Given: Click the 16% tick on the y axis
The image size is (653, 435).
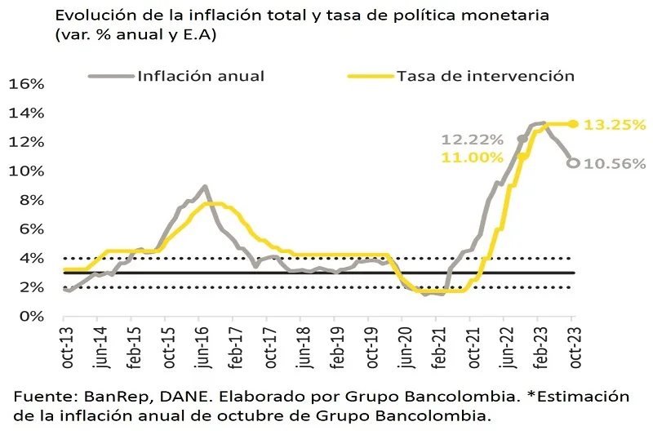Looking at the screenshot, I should (25, 84).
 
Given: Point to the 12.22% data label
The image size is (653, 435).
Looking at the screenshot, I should (468, 140).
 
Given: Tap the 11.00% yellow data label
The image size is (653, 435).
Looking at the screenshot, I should (468, 157).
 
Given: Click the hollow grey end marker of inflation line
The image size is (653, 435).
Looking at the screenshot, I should (573, 163).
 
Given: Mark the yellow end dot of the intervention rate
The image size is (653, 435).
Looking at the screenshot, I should (573, 124).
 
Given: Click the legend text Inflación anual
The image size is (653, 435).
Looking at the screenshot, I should (201, 76).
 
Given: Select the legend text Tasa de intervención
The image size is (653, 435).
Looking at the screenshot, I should (486, 76).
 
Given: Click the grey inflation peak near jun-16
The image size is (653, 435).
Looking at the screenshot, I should (204, 187).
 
